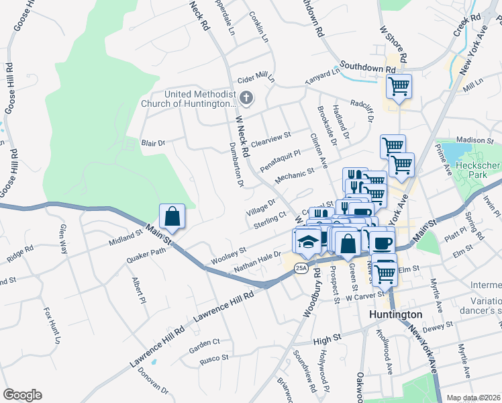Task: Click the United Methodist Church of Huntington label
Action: click(x=189, y=99)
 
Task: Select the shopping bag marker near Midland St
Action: click(x=172, y=217)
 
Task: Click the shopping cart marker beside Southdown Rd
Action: click(x=399, y=86)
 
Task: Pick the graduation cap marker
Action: click(x=308, y=242)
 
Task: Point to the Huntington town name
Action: click(x=396, y=314)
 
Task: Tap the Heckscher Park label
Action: click(x=478, y=171)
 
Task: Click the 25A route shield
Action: click(x=302, y=269)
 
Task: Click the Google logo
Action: click(x=22, y=394)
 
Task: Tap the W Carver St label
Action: click(x=362, y=295)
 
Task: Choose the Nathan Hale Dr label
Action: click(x=256, y=262)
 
